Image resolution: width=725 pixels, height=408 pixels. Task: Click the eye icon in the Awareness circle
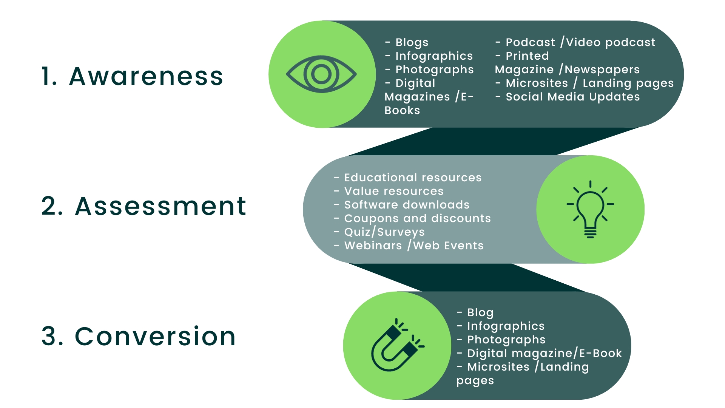(321, 74)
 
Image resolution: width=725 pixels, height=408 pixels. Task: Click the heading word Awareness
(146, 76)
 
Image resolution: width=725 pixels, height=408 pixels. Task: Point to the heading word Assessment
(161, 206)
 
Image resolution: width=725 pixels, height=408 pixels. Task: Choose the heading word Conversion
(155, 336)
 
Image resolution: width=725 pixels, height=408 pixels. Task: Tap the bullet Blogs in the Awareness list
(407, 42)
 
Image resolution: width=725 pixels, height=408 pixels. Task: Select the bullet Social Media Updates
(568, 97)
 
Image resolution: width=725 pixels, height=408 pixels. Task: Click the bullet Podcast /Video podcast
(575, 42)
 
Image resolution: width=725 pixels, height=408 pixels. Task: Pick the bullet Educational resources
(408, 178)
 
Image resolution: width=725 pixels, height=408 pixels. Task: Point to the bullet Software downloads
(402, 205)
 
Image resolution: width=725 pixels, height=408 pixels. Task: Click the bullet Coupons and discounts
(412, 218)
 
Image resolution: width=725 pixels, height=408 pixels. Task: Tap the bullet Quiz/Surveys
(379, 232)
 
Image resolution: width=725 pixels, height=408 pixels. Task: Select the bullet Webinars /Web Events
(409, 246)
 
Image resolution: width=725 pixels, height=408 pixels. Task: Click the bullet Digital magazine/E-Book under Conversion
(539, 353)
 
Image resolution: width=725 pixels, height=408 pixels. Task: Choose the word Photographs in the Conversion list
(506, 340)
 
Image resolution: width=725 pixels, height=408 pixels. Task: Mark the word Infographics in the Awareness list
(434, 56)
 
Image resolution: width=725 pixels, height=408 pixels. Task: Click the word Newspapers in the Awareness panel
(602, 70)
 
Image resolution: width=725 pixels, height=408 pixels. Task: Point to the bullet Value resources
(389, 191)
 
